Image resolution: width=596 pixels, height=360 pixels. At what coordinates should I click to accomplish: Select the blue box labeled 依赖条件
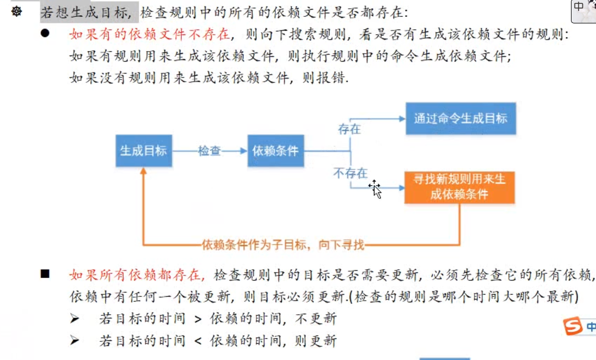tap(275, 150)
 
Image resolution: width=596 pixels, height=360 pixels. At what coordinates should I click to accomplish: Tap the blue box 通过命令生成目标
tap(460, 118)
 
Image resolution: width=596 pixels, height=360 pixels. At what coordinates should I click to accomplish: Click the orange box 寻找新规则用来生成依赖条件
tap(459, 187)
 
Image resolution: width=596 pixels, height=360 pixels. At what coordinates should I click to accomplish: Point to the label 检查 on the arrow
tap(210, 151)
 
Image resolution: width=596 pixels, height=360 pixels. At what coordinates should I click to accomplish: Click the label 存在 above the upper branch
tap(349, 130)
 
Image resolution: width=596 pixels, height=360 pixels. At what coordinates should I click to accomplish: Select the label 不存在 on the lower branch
tap(351, 173)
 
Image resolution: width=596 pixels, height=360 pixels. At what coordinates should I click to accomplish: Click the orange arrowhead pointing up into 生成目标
tap(144, 171)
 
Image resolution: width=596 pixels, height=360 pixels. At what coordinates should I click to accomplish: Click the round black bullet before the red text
tap(45, 33)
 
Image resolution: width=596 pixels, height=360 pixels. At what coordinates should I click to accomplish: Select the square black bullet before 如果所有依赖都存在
tap(45, 273)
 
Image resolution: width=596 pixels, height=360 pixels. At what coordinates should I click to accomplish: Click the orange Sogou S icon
tap(573, 327)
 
